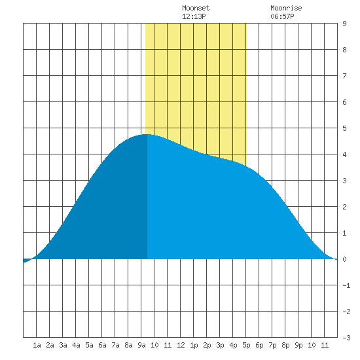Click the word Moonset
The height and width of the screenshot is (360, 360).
pos(196,8)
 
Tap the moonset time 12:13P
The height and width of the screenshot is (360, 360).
pos(194,16)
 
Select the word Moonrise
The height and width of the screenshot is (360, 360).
pos(286,8)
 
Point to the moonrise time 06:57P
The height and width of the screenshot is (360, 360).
pos(282,16)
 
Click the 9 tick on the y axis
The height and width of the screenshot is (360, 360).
pos(344,24)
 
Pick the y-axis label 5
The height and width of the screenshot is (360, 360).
pos(344,128)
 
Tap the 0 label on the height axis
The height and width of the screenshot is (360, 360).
pos(344,259)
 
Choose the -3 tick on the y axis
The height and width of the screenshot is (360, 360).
pos(346,338)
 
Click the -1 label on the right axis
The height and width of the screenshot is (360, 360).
pos(346,285)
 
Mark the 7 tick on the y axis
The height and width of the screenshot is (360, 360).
pos(344,76)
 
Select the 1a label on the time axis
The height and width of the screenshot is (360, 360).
pos(37,345)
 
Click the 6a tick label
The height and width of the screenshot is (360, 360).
pos(102,345)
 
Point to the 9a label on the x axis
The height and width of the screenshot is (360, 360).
pos(141,345)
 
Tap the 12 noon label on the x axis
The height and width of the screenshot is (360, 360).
pos(181,345)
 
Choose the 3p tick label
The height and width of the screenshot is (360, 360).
pos(220,345)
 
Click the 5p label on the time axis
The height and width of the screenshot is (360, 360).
pos(246,345)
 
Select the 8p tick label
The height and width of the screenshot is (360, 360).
pos(285,345)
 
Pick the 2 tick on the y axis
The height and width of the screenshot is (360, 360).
pos(344,207)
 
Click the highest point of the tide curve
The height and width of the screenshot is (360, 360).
pos(147,134)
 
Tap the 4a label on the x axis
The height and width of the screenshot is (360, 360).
pos(76,345)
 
